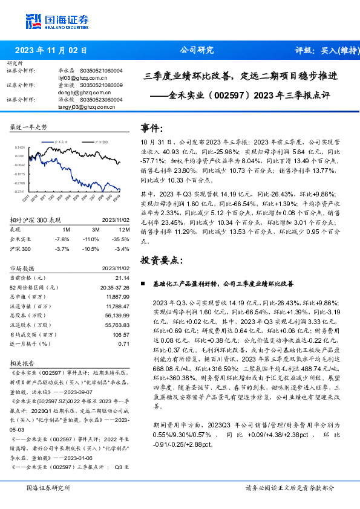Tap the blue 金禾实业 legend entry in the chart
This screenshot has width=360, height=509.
(x=61, y=140)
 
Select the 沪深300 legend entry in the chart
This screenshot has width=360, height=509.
(x=100, y=140)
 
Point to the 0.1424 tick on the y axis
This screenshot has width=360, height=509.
(x=20, y=147)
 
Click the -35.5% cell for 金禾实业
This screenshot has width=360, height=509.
(x=122, y=240)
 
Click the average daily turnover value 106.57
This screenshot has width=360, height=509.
(x=122, y=334)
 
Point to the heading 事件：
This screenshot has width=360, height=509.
(x=152, y=128)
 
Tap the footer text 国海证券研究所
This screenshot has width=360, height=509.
(x=48, y=488)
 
